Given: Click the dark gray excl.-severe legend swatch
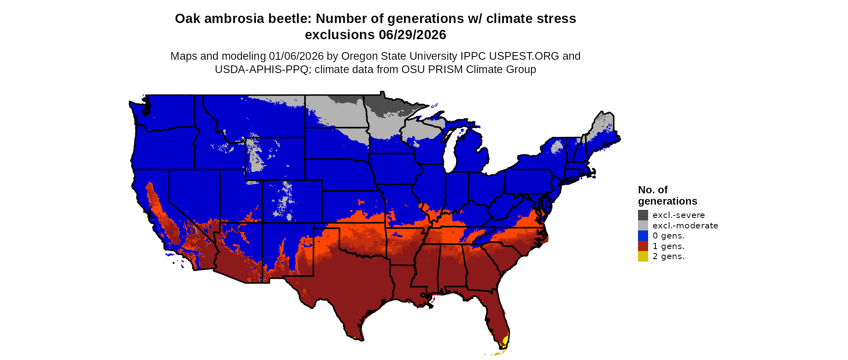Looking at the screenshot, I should pyautogui.click(x=643, y=215).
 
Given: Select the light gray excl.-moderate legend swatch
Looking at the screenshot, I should pyautogui.click(x=643, y=226).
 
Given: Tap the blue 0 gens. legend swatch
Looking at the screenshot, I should pyautogui.click(x=643, y=236).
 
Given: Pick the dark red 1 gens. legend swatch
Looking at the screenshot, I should pyautogui.click(x=643, y=246).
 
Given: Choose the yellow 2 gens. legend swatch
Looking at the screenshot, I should pyautogui.click(x=643, y=256).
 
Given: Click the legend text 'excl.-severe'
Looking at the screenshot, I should pyautogui.click(x=678, y=215).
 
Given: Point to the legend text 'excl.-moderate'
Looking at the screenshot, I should pyautogui.click(x=685, y=226).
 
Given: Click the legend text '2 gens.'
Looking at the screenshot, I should pyautogui.click(x=668, y=256).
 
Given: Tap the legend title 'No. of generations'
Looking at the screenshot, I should pyautogui.click(x=667, y=195).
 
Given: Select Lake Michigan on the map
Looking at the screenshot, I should pyautogui.click(x=451, y=151).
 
